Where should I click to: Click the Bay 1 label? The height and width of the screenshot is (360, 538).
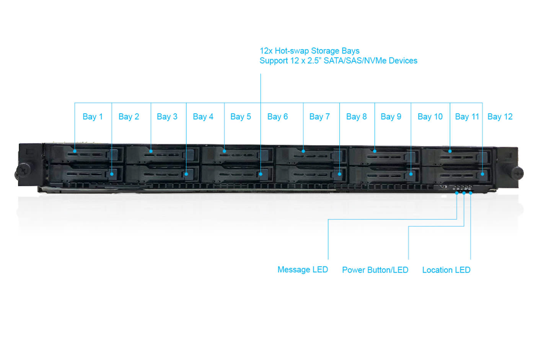click(93, 117)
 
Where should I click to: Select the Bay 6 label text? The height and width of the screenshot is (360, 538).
click(277, 117)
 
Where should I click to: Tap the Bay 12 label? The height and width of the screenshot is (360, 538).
click(500, 117)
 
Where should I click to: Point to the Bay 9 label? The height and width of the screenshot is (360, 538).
click(391, 117)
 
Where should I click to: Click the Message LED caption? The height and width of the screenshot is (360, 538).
click(302, 270)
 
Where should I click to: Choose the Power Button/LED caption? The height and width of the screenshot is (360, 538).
click(375, 270)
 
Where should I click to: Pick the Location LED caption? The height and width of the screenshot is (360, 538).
click(446, 270)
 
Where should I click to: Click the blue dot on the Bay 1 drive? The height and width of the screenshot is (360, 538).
click(75, 151)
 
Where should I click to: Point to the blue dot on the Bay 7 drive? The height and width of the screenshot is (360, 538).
click(303, 151)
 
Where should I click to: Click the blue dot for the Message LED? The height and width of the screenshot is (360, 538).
click(457, 193)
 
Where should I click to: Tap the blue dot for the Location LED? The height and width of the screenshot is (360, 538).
click(471, 193)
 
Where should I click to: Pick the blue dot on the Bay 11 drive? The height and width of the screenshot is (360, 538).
click(450, 151)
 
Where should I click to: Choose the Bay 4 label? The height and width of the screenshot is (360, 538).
click(203, 117)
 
